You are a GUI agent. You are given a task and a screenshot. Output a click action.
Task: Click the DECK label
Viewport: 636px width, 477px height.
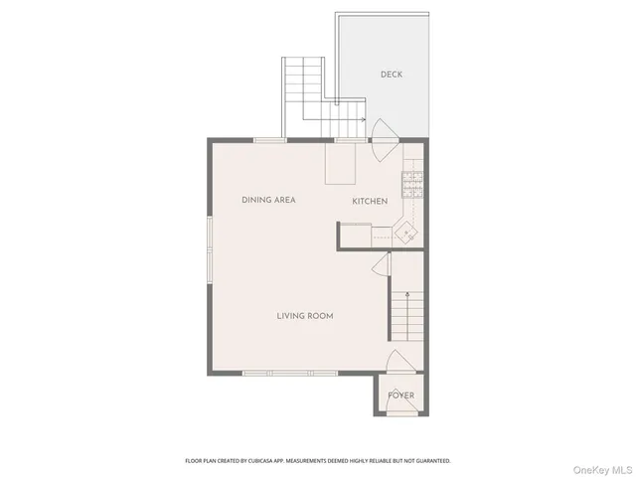[x=391, y=75]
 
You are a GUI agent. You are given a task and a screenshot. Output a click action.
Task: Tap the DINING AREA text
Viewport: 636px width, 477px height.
[x=268, y=200]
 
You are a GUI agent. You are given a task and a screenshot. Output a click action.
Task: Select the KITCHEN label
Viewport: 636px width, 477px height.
[x=370, y=202]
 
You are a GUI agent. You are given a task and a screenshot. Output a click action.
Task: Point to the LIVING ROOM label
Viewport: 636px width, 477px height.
[x=304, y=316]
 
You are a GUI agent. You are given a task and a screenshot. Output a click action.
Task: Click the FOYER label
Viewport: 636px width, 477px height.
[x=400, y=396]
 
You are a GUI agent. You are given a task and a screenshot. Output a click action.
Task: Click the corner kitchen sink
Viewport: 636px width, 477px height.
[x=406, y=233]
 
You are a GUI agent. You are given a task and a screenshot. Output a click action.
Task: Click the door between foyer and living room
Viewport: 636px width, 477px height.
[x=398, y=362]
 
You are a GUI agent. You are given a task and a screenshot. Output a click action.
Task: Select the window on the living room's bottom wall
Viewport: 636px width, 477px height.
[x=304, y=375]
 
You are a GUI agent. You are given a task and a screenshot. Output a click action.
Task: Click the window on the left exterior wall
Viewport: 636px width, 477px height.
[x=209, y=248]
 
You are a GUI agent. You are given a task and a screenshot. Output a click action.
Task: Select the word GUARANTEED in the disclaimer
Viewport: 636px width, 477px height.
[x=430, y=461]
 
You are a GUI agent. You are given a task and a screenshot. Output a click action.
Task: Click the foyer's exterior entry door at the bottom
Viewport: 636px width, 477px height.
[x=400, y=414]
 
